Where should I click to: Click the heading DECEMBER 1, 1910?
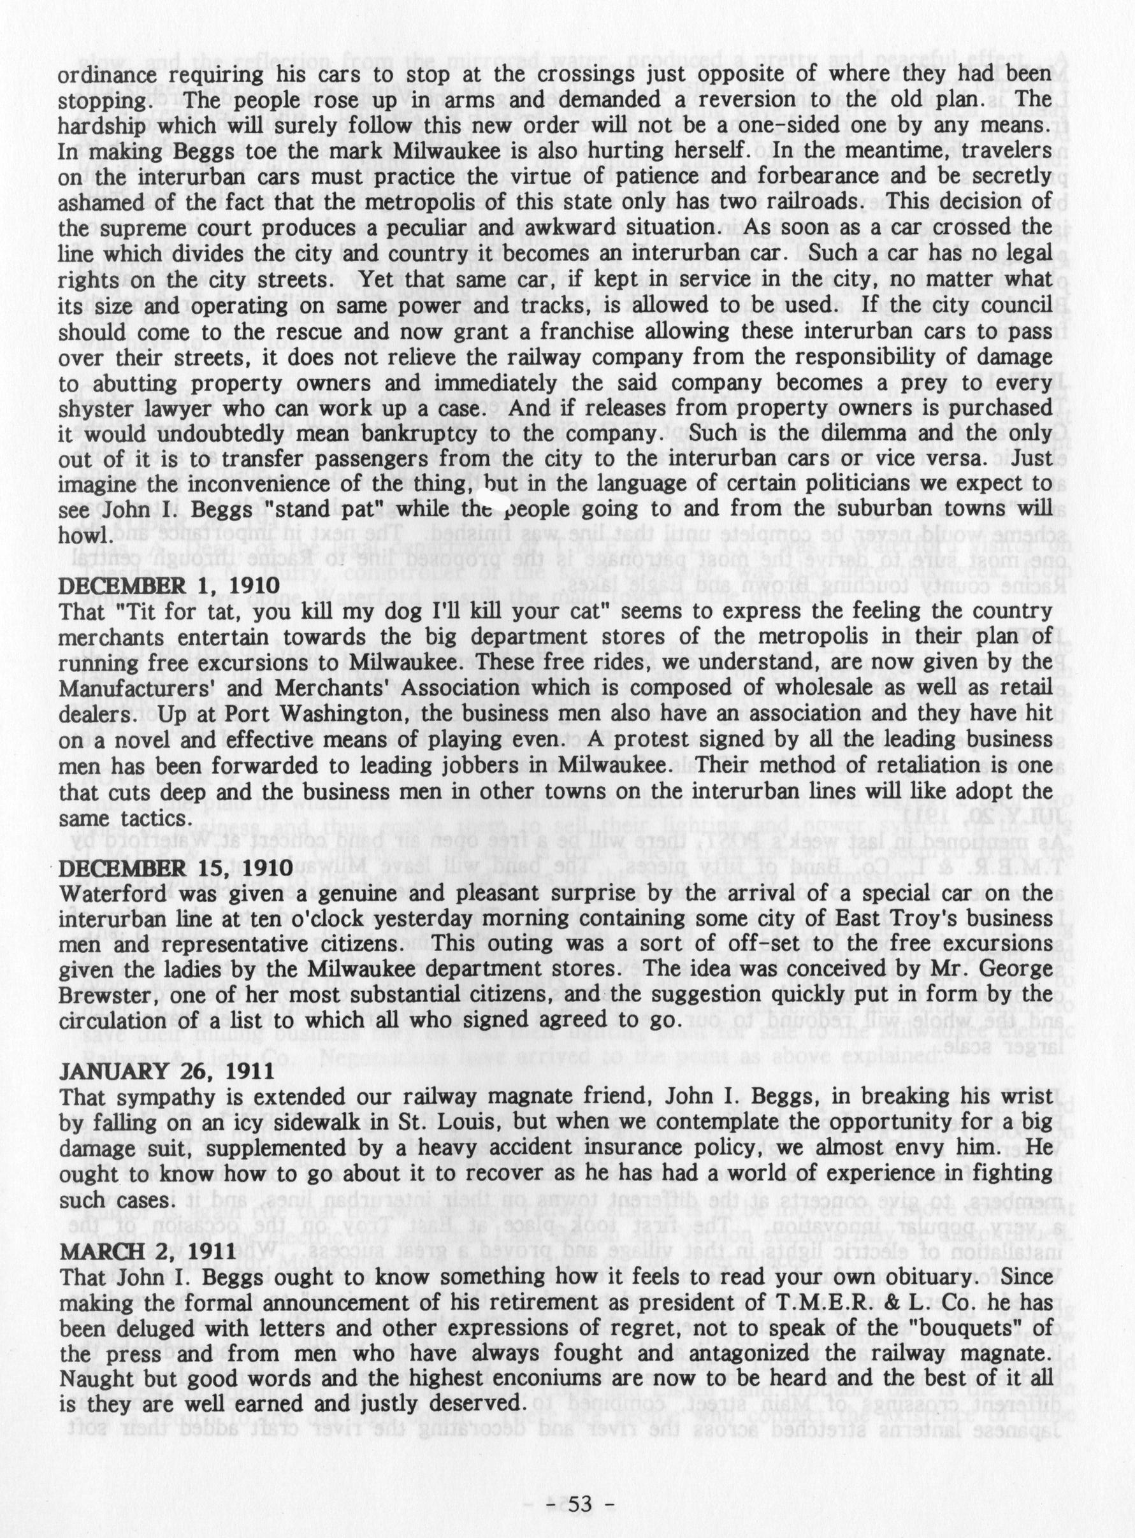[169, 586]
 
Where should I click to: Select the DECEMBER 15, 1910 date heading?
[177, 868]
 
